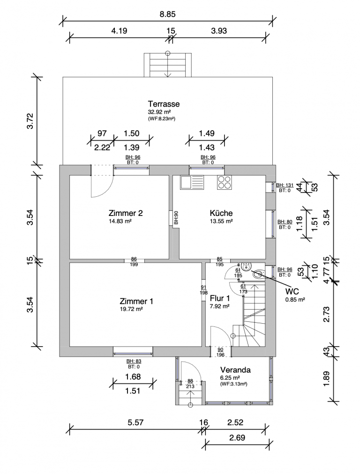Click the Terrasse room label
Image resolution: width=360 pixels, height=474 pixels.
164,104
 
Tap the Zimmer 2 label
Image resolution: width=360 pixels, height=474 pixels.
125,213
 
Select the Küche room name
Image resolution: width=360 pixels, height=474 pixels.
221,213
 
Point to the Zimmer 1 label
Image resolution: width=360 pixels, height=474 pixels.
136,301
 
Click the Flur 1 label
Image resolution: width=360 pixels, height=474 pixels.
219,298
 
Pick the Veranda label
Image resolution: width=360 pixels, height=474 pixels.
235,370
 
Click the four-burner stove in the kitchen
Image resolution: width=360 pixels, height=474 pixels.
224,182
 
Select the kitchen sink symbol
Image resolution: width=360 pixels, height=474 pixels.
192,182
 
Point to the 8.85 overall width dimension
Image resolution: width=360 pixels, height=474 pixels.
167,15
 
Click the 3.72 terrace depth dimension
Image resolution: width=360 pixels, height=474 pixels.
30,121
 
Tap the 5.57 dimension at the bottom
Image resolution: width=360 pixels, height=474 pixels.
135,422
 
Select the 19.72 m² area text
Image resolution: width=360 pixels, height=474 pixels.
131,309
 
